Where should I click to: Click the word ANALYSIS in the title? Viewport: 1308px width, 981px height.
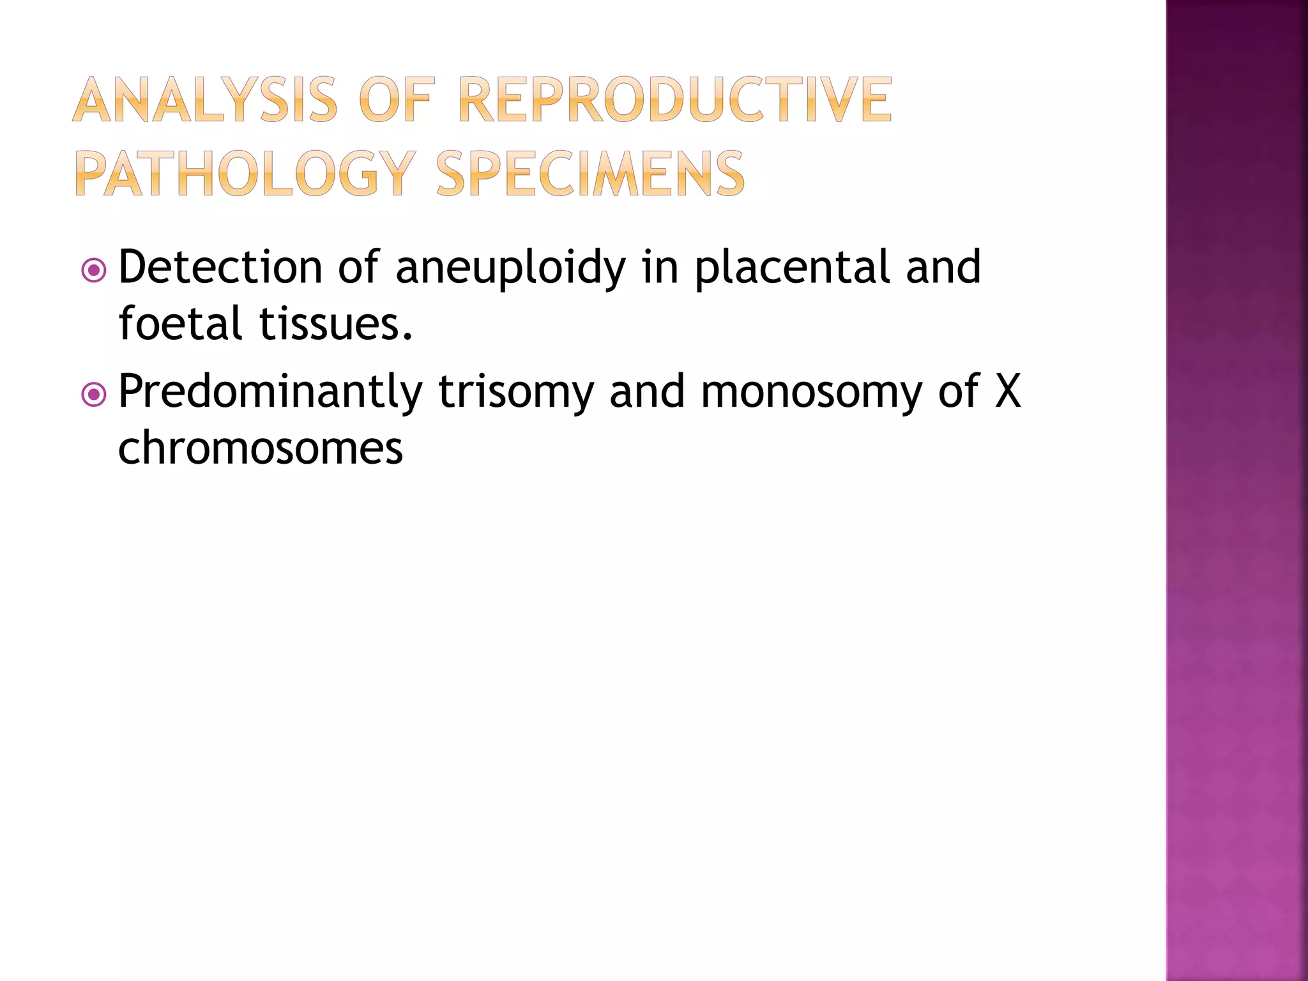click(205, 100)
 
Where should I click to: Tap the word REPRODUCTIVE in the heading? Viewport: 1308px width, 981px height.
click(675, 100)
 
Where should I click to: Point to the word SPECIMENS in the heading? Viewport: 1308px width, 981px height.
click(591, 174)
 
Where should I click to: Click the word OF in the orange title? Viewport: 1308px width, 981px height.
click(397, 100)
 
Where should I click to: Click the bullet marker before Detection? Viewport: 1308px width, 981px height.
click(94, 271)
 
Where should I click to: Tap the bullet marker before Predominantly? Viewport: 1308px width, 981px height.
click(94, 395)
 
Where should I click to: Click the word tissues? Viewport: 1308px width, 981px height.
click(336, 323)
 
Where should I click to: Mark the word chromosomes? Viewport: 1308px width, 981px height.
click(261, 448)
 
